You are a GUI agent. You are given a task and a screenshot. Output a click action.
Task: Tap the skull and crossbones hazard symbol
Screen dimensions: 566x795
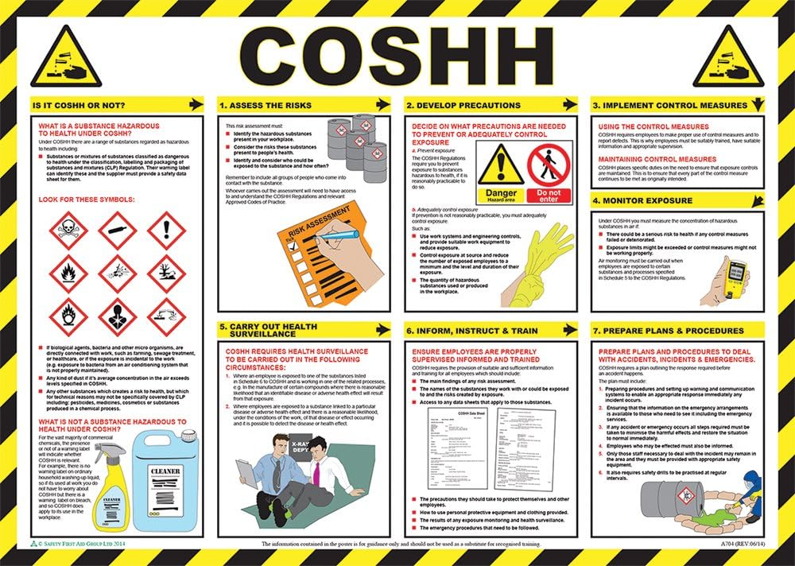(x=68, y=231)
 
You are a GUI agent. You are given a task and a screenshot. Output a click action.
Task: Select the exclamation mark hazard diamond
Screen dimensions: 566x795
(x=166, y=231)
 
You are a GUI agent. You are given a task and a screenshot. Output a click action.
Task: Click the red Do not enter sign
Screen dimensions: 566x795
(x=549, y=173)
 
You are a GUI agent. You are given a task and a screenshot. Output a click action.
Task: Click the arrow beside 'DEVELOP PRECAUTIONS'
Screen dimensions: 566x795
(x=568, y=104)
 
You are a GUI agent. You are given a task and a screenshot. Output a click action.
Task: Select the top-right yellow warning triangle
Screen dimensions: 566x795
(x=727, y=57)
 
